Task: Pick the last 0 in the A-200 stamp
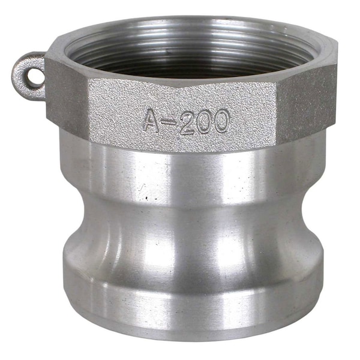[220, 122]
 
